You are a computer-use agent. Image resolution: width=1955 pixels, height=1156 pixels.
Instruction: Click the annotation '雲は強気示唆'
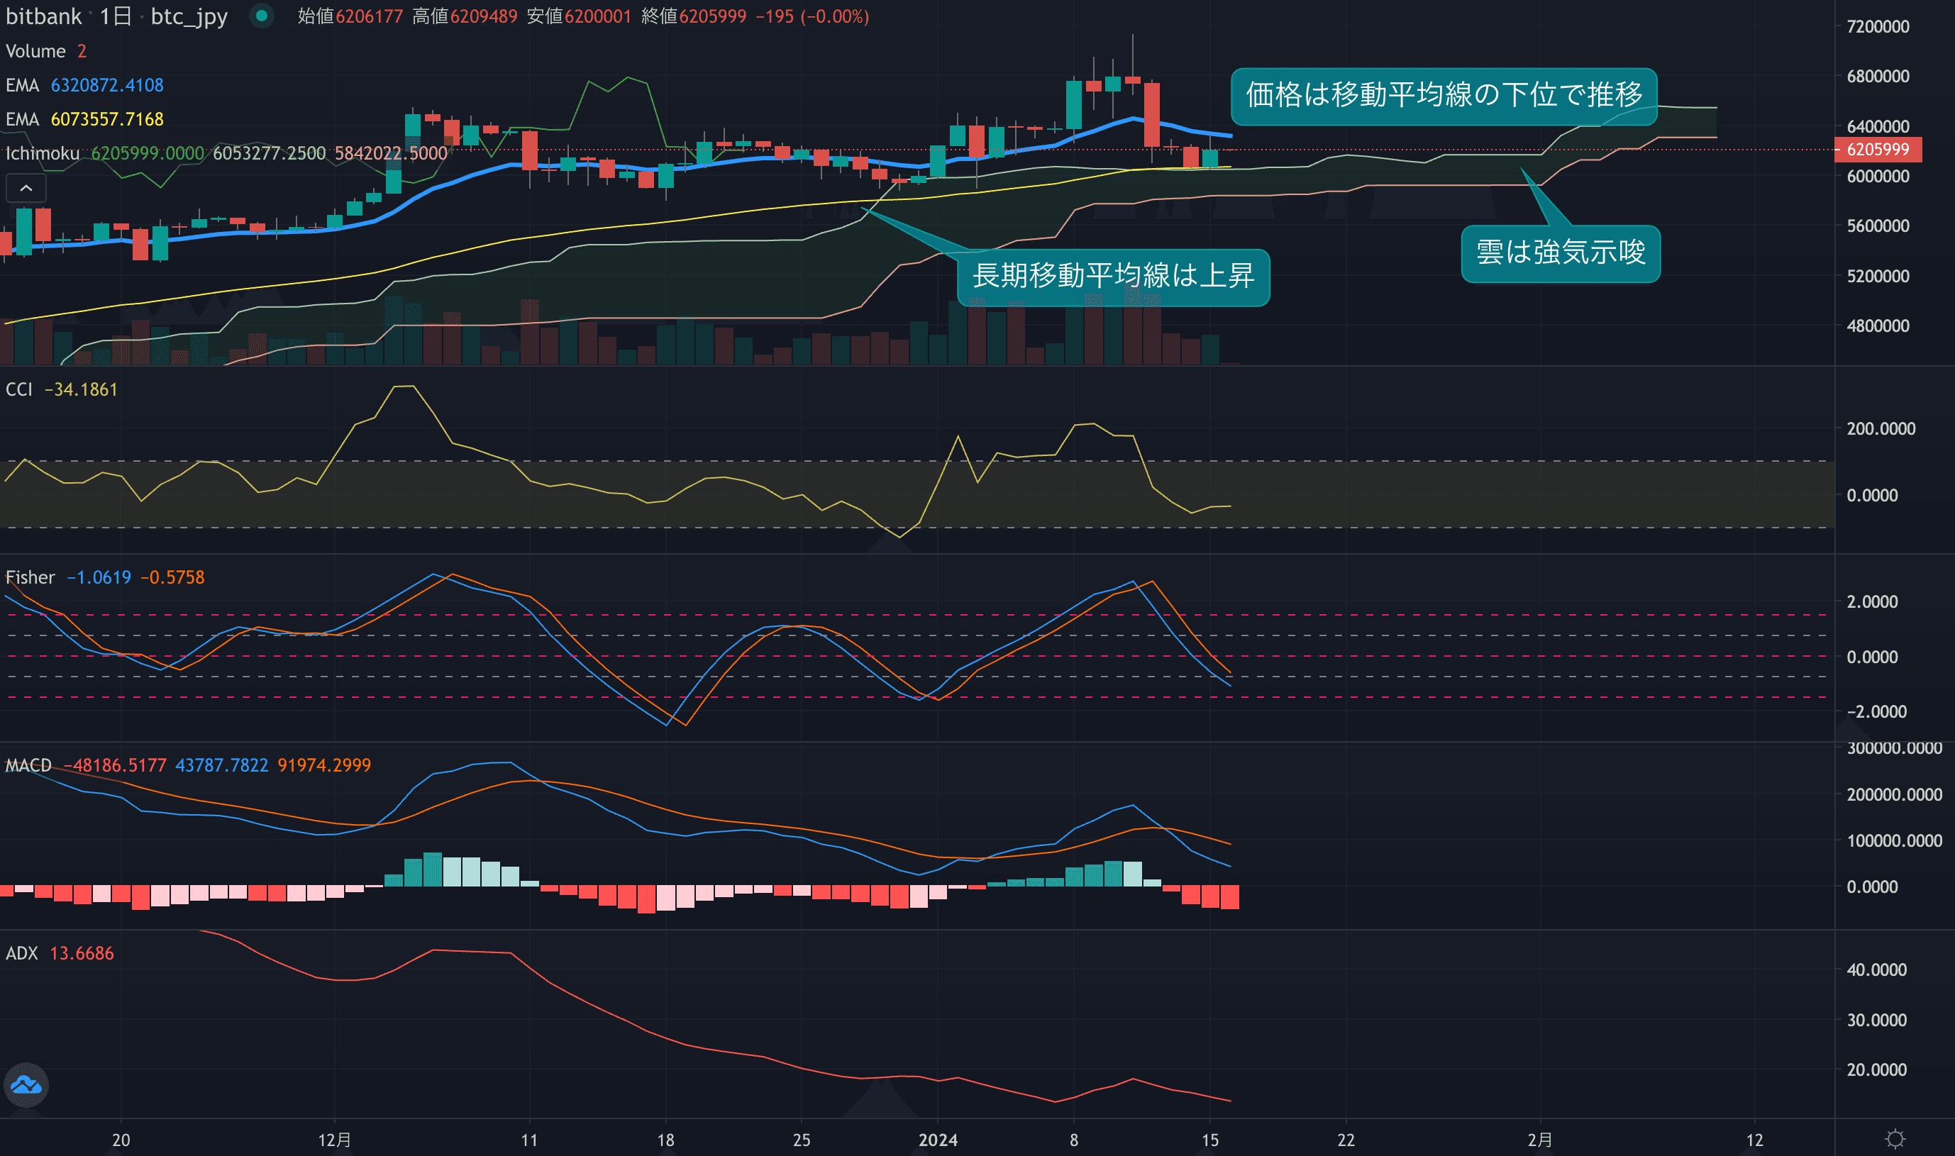point(1560,253)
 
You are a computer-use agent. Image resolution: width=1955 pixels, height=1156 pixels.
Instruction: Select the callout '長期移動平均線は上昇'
point(1113,277)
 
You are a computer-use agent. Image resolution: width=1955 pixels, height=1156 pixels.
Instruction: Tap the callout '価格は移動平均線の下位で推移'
point(1443,95)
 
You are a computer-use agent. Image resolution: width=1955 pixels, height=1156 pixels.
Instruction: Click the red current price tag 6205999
point(1877,150)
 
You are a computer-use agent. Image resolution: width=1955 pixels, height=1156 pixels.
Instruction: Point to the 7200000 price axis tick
point(1877,26)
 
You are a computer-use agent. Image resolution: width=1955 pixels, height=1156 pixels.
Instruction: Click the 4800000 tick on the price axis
point(1877,326)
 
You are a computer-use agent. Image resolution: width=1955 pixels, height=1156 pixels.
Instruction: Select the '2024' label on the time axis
point(937,1140)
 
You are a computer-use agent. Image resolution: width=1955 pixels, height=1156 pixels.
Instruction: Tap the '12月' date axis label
point(334,1140)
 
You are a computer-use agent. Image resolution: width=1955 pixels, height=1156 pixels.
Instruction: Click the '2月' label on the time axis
point(1540,1140)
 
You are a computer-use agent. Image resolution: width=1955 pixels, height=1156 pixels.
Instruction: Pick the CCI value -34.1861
point(81,389)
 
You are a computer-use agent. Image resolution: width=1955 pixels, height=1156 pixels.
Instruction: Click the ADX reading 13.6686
point(82,953)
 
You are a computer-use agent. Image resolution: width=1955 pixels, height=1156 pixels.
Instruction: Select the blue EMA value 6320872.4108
point(108,85)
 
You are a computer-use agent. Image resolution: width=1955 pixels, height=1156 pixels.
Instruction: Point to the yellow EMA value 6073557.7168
point(108,119)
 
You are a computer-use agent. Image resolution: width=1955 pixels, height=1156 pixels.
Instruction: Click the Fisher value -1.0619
point(99,577)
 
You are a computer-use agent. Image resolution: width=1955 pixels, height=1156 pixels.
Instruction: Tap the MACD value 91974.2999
point(324,766)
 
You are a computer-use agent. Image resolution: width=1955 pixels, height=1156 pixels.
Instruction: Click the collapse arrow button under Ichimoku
point(26,189)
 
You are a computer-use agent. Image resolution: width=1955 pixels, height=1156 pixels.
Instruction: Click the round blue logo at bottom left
point(26,1084)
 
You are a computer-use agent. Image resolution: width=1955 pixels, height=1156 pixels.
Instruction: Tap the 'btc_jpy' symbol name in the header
point(189,16)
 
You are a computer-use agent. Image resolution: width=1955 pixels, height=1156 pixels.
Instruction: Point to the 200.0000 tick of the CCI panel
point(1881,429)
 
